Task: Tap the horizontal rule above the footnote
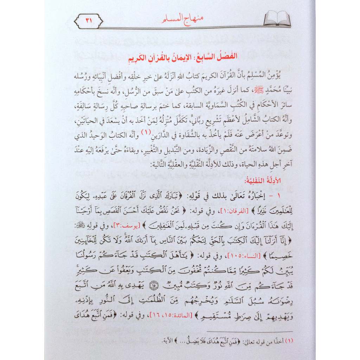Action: [x=250, y=332]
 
